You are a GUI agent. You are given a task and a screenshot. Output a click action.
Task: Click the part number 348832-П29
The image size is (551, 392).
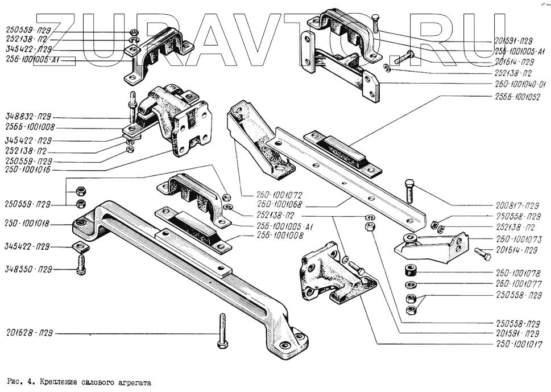tap(28, 117)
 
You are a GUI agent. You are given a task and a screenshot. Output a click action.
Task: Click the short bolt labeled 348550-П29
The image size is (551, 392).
tap(81, 263)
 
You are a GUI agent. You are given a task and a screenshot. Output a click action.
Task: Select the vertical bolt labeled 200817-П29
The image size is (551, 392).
tap(411, 191)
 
